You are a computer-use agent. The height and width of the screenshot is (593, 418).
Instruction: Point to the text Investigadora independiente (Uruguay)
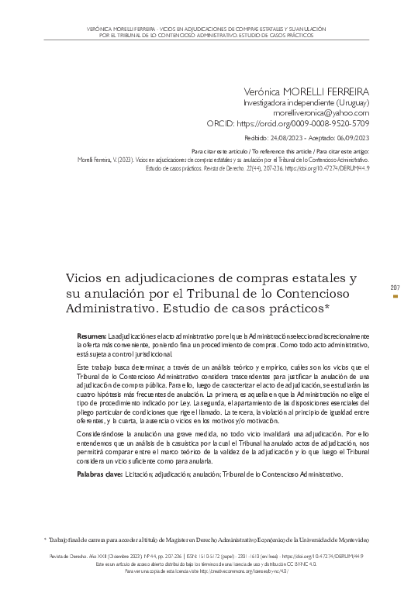pyautogui.click(x=306, y=102)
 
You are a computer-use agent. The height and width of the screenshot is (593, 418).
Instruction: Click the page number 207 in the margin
pyautogui.click(x=396, y=287)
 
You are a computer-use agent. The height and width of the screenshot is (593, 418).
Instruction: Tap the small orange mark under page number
pyautogui.click(x=396, y=296)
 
